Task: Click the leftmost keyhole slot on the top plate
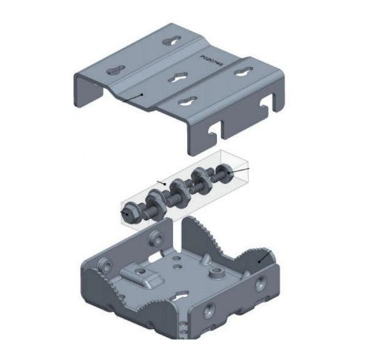(114, 71)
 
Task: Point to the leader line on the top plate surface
(132, 96)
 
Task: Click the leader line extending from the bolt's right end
(240, 171)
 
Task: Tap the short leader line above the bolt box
(162, 181)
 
